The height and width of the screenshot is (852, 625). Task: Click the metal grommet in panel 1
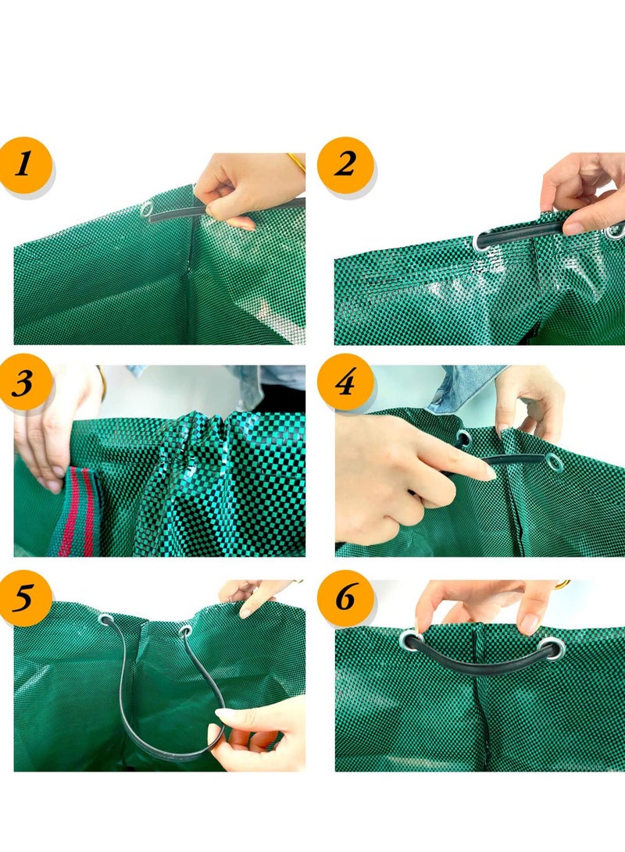point(147,209)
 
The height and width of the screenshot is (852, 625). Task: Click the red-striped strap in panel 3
point(78,512)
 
